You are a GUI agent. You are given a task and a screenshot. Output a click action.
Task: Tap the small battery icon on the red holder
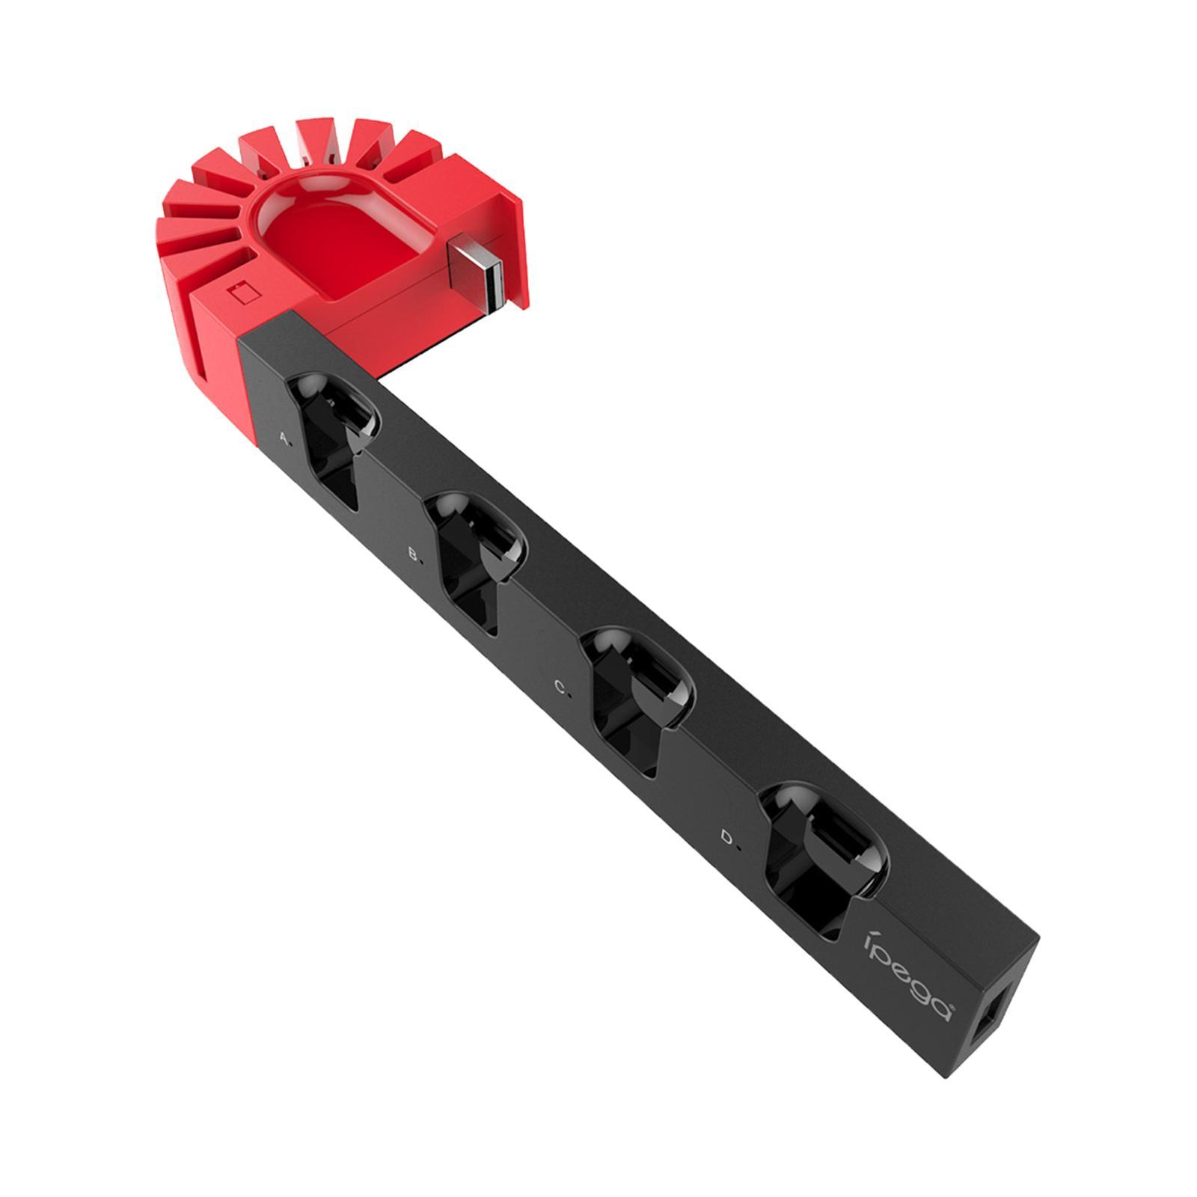click(245, 292)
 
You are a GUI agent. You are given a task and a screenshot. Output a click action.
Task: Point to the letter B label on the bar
click(414, 554)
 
